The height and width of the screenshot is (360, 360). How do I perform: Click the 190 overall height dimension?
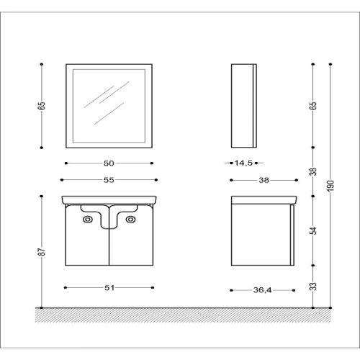(330, 186)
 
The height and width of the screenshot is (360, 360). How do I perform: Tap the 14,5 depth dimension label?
(243, 163)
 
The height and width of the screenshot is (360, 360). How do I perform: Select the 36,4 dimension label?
(262, 290)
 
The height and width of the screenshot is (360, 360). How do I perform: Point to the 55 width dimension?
(109, 180)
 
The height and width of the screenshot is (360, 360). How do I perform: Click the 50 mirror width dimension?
(109, 163)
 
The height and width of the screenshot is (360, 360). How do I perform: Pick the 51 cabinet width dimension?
(109, 287)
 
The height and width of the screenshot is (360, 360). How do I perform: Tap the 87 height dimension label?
(42, 252)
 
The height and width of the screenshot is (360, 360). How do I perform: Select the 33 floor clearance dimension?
(313, 287)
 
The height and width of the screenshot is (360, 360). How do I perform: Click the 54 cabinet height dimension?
(313, 230)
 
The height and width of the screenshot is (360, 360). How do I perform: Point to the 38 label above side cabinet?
(264, 180)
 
